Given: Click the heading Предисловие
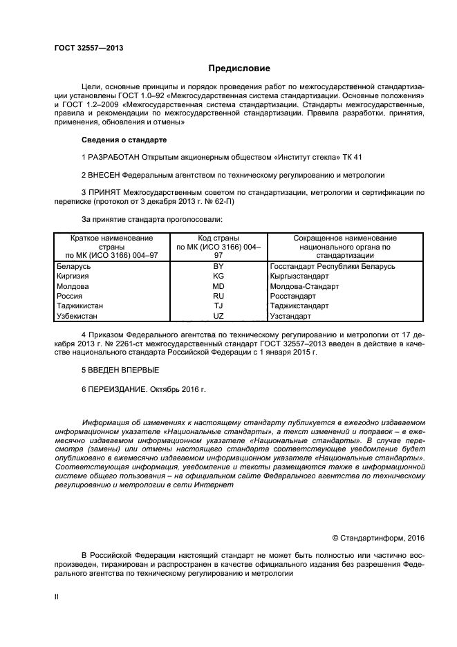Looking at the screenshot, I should pos(239,68).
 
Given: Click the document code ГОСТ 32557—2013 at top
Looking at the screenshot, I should pos(84,48).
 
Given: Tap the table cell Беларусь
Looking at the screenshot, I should pos(73,266).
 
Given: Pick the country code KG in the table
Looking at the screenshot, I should pos(218,276).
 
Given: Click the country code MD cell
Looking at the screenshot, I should pos(218,285).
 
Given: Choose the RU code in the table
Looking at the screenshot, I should pos(218,295).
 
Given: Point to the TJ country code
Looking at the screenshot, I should pos(218,305).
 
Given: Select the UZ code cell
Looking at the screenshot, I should pos(218,315).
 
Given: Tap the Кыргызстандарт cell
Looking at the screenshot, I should pos(300,276).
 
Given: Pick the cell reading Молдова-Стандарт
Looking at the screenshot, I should pos(304,285).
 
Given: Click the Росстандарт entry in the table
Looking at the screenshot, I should pos(292,295).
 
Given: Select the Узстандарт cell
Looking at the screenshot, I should pos(290,315).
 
